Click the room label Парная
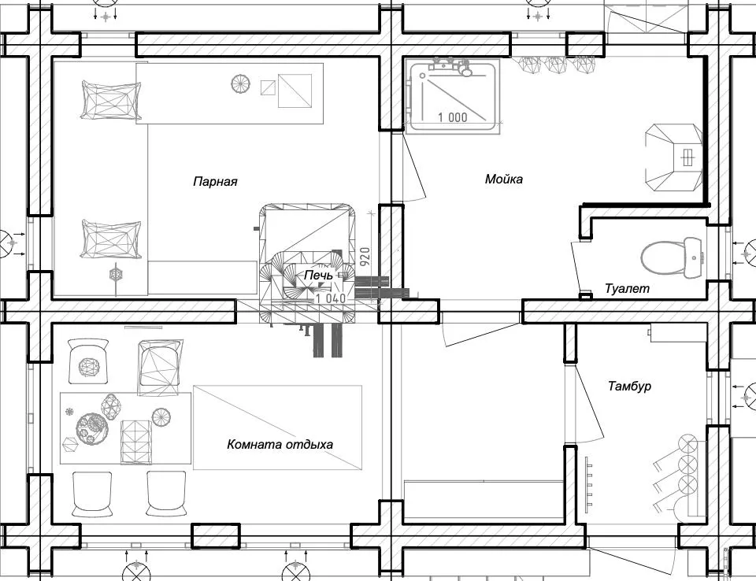tap(215, 182)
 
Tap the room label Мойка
tap(504, 179)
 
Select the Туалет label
tap(627, 289)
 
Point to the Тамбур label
tap(629, 387)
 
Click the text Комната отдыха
tap(280, 445)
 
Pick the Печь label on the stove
tap(318, 276)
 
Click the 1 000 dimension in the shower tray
tap(452, 117)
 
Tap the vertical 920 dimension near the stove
tap(365, 257)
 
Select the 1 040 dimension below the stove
tap(331, 298)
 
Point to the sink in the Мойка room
tap(673, 157)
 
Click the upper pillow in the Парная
tap(110, 99)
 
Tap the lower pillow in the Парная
tap(111, 238)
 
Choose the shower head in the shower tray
tap(466, 72)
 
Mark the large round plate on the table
tap(92, 427)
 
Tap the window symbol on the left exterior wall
tap(11, 244)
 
